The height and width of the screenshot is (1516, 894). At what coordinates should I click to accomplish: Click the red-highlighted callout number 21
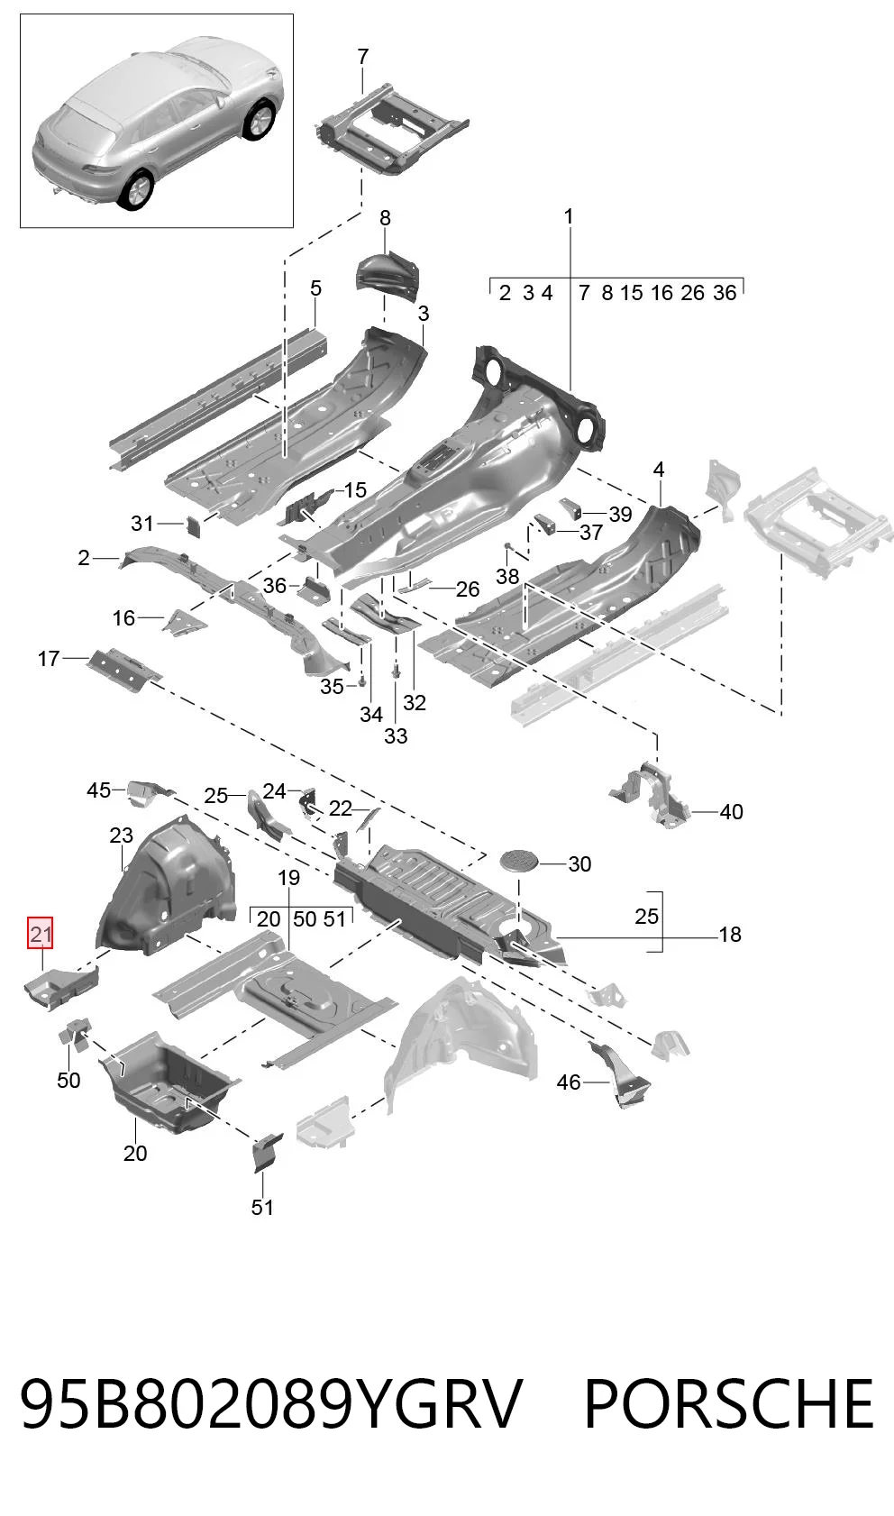pyautogui.click(x=40, y=934)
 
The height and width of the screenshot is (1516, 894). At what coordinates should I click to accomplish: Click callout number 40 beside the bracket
pyautogui.click(x=731, y=811)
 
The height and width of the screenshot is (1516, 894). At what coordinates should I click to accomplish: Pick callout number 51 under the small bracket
pyautogui.click(x=262, y=1207)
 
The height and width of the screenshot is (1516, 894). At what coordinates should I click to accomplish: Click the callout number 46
pyautogui.click(x=569, y=1082)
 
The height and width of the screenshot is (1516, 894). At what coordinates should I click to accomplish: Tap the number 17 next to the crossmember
pyautogui.click(x=49, y=658)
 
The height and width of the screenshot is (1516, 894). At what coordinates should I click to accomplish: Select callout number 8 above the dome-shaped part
pyautogui.click(x=385, y=218)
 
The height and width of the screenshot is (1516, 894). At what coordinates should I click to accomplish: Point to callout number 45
pyautogui.click(x=99, y=790)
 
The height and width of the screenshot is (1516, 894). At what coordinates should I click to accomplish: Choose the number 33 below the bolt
pyautogui.click(x=396, y=735)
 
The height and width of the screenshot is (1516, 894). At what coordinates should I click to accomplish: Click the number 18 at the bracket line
pyautogui.click(x=730, y=934)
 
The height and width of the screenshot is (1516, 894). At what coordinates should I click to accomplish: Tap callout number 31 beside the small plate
pyautogui.click(x=142, y=523)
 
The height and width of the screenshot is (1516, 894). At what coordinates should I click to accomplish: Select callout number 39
pyautogui.click(x=620, y=515)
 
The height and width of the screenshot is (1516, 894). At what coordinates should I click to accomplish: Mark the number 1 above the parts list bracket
pyautogui.click(x=569, y=216)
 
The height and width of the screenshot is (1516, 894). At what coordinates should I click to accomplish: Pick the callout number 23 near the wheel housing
pyautogui.click(x=121, y=836)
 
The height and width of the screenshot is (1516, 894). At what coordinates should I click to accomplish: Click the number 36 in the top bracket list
pyautogui.click(x=725, y=293)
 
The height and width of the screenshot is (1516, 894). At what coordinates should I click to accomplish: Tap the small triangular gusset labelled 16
pyautogui.click(x=183, y=621)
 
